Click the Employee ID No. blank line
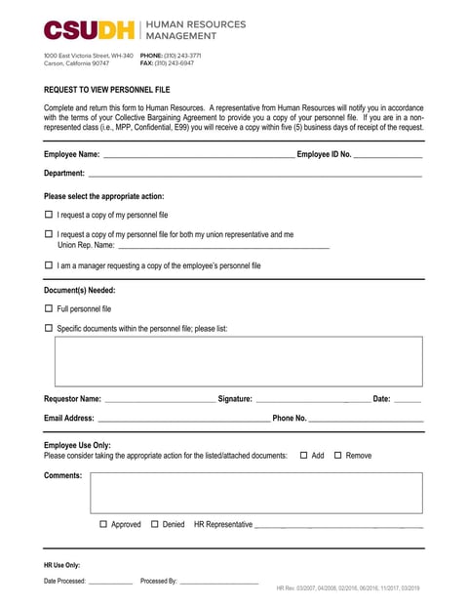388,154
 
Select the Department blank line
255,174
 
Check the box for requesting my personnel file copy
49,215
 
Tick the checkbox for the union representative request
49,234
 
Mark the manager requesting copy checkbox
49,265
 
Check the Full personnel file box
49,308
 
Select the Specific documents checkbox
49,329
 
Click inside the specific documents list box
238,361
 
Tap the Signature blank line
312,399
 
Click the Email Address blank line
183,419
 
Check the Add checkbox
304,456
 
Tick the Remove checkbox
338,456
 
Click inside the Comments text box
256,493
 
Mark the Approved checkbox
104,525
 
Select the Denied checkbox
155,525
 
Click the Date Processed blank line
110,582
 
